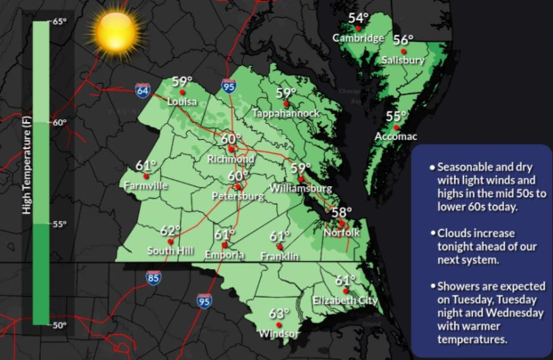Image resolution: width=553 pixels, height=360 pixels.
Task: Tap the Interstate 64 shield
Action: [x=142, y=91]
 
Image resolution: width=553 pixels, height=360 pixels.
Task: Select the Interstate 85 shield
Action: [x=154, y=279]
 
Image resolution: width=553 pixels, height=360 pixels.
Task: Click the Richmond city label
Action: [x=231, y=160]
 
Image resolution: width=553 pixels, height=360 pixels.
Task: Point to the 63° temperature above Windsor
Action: [x=280, y=314]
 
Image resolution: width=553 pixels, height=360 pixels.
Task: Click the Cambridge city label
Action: [x=358, y=38]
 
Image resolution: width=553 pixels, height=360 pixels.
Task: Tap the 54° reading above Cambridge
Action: [x=359, y=18]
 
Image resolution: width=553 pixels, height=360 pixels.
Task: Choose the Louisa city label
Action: [x=182, y=102]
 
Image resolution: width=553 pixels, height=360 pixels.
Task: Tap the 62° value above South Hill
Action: [x=170, y=230]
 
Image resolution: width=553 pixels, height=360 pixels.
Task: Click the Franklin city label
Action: [x=280, y=256]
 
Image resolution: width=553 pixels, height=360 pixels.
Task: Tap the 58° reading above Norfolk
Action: [x=341, y=212]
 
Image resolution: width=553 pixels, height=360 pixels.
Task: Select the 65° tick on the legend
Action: [x=58, y=20]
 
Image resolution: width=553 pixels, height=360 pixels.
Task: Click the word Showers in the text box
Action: [x=462, y=286]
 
